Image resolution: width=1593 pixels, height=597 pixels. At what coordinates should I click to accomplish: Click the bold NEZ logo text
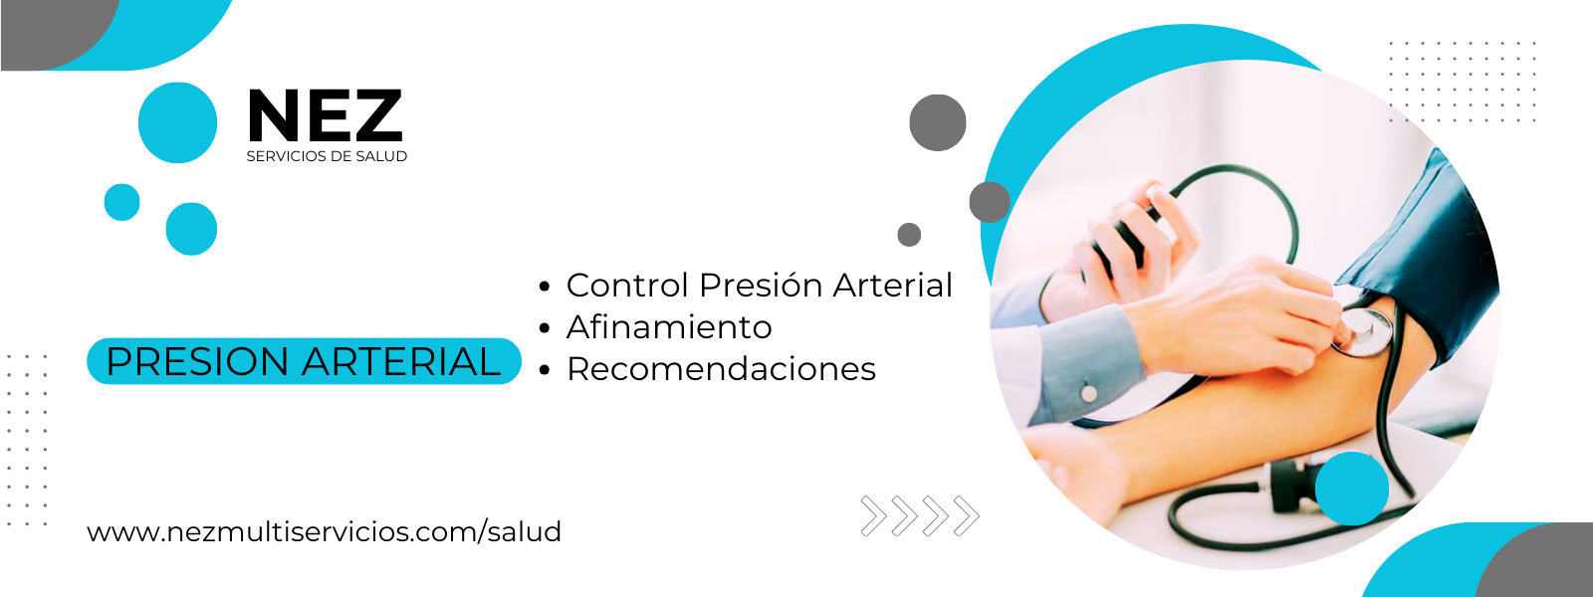(x=326, y=115)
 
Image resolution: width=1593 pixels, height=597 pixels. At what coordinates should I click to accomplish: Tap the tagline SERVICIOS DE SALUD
(x=327, y=156)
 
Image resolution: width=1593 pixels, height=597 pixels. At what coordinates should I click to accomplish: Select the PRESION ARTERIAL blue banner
(x=304, y=361)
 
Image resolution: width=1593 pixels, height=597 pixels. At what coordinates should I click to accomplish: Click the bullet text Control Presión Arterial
(x=759, y=285)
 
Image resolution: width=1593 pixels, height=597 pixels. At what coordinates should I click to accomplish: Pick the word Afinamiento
(x=669, y=327)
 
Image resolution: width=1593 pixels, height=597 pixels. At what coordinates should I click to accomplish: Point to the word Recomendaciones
(x=721, y=369)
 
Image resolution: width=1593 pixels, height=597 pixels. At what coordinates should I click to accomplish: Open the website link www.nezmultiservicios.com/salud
(x=325, y=531)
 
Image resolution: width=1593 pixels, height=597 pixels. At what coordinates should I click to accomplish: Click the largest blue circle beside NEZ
(x=178, y=123)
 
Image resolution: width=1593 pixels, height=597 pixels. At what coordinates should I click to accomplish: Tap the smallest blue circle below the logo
(x=121, y=203)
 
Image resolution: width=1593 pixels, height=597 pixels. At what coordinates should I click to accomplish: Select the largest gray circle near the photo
(x=937, y=123)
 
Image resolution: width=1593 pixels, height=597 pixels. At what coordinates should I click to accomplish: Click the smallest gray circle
(x=909, y=235)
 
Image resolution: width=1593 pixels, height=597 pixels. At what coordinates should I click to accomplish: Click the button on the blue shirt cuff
(x=1088, y=392)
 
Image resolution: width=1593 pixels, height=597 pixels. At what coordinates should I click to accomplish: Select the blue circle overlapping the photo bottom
(x=1352, y=489)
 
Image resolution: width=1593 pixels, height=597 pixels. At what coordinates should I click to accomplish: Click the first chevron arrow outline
(x=873, y=515)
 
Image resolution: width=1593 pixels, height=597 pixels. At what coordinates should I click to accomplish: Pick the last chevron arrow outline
(x=967, y=515)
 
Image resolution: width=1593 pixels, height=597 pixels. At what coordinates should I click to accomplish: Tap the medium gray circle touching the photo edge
(x=990, y=202)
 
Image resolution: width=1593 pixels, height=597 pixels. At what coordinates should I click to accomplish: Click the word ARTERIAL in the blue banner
(x=401, y=361)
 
